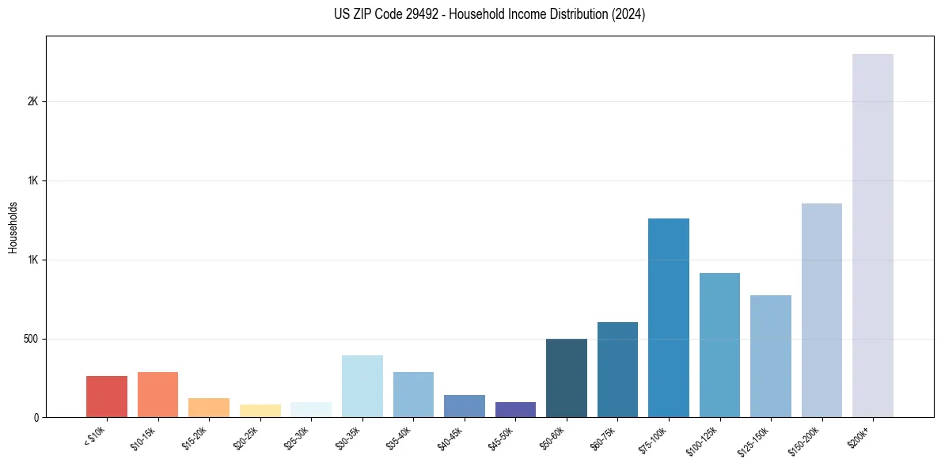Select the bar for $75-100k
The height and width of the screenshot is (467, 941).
pyautogui.click(x=669, y=317)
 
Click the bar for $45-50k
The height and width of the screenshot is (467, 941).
pyautogui.click(x=515, y=409)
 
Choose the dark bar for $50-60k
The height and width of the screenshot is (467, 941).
pyautogui.click(x=567, y=378)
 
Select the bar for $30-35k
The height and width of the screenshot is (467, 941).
pyautogui.click(x=362, y=386)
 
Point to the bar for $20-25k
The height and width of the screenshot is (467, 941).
pyautogui.click(x=260, y=411)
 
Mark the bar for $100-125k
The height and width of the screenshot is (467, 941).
pyautogui.click(x=719, y=345)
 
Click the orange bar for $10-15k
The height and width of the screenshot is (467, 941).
pyautogui.click(x=157, y=394)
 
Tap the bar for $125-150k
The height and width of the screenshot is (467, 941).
pyautogui.click(x=771, y=356)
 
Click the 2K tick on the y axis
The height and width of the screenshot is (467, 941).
pyautogui.click(x=33, y=102)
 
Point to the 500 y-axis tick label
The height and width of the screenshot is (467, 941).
pyautogui.click(x=31, y=339)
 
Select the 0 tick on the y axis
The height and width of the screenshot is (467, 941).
pyautogui.click(x=36, y=417)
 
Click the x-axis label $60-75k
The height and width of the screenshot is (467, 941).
pyautogui.click(x=604, y=437)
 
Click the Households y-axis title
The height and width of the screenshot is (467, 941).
pyautogui.click(x=13, y=226)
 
